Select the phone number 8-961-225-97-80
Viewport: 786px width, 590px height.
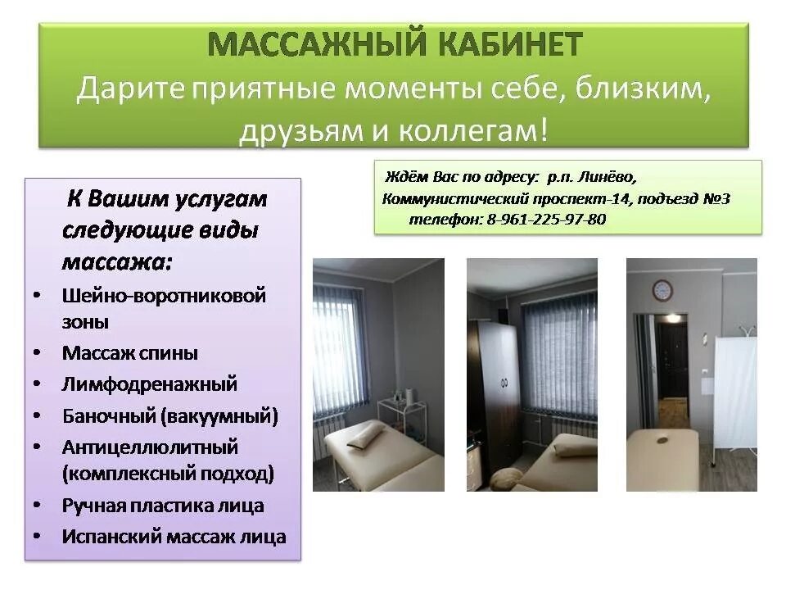coord(546,220)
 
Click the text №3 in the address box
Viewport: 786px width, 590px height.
coord(716,198)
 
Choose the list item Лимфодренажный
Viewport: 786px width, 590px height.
coord(149,383)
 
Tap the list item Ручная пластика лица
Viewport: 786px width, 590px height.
coord(163,506)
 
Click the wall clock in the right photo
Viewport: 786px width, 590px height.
coord(662,289)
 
